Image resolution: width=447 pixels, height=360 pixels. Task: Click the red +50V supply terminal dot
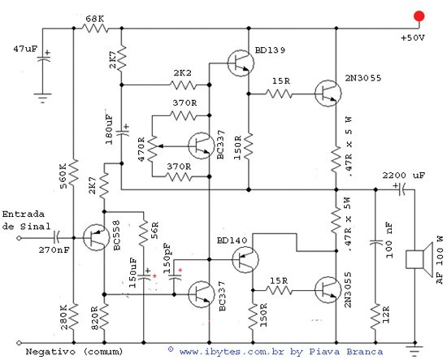coord(419,16)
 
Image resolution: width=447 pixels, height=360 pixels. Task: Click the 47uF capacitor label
coord(19,50)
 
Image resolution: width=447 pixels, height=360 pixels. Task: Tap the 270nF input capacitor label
coord(55,252)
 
